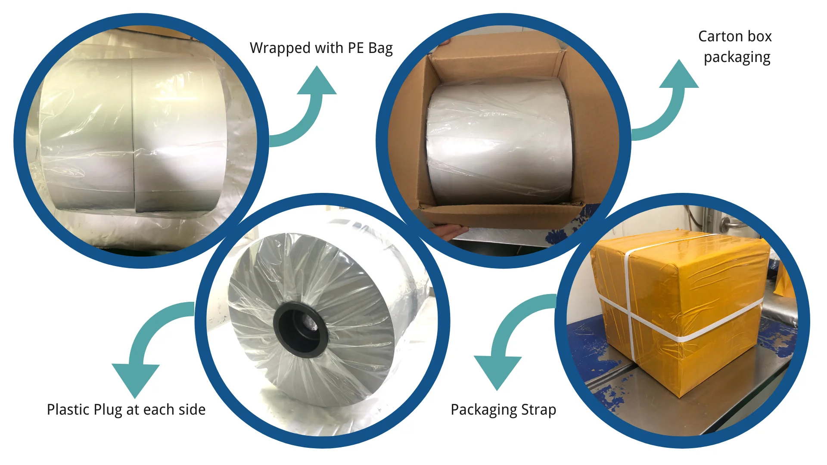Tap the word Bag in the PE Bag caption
pyautogui.click(x=380, y=48)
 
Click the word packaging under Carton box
pyautogui.click(x=737, y=58)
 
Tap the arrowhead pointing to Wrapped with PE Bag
pyautogui.click(x=317, y=82)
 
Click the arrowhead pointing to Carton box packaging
pyautogui.click(x=679, y=75)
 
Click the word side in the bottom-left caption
pyautogui.click(x=192, y=410)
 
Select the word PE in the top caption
pyautogui.click(x=356, y=48)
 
